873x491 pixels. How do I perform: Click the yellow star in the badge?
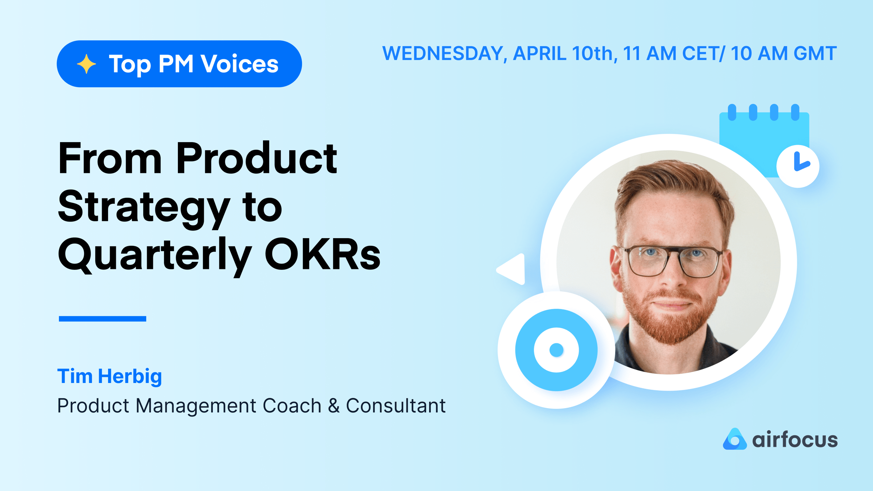coord(86,64)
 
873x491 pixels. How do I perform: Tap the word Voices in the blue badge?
coord(240,64)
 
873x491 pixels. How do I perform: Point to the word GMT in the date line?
coord(815,53)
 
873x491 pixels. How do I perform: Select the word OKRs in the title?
coord(322,254)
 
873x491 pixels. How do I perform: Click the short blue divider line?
coord(103,319)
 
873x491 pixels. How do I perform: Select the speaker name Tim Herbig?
coord(109,376)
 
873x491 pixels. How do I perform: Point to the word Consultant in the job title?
coord(395,405)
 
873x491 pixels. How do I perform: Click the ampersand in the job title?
coord(334,406)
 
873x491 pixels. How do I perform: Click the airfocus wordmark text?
coord(795,439)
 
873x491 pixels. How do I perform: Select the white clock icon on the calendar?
coord(798,166)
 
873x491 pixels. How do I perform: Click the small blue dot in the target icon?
coord(556,350)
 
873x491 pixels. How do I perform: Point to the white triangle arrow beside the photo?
coord(511,269)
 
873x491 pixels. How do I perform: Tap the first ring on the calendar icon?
coord(732,112)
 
